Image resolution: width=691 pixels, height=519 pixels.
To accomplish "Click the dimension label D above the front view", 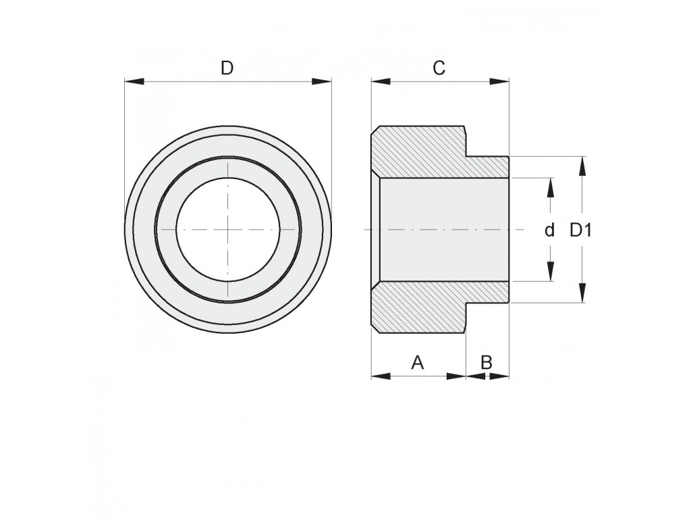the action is click(227, 68).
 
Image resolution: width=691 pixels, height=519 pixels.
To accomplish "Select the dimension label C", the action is click(439, 68).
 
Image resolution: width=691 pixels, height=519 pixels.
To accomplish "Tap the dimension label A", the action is click(417, 363).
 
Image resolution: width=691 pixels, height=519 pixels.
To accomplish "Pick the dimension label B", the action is click(486, 363).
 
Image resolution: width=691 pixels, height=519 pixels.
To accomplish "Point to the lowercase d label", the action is click(549, 230).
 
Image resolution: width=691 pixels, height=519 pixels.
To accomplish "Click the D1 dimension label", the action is click(580, 230).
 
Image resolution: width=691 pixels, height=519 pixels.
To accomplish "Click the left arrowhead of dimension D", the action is click(134, 81).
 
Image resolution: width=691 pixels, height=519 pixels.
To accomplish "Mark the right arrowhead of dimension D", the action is click(322, 81).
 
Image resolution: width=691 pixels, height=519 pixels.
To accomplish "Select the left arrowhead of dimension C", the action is click(381, 81).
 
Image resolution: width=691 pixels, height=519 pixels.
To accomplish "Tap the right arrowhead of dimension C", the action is click(500, 81).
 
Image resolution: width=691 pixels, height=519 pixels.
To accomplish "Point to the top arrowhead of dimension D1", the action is click(582, 166).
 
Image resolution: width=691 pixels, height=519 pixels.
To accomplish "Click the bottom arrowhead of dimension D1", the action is click(582, 293).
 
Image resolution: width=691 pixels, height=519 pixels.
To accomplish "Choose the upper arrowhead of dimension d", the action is click(550, 188).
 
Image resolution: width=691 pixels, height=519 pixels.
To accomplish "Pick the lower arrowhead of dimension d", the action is click(550, 272).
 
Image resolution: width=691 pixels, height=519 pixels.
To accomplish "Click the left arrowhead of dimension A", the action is click(381, 376).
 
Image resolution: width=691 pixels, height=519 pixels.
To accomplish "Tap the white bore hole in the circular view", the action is click(227, 230).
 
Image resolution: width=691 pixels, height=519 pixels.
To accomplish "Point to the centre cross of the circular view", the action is click(228, 230).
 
